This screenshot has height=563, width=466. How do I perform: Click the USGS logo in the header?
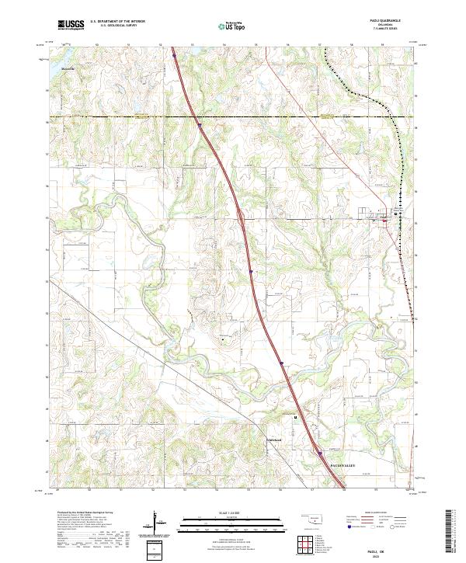point(71,25)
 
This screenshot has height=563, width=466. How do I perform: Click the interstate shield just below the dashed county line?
point(198,123)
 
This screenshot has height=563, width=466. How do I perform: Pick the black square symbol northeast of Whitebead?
point(295,417)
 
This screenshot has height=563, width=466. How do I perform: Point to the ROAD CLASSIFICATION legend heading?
point(374,513)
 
